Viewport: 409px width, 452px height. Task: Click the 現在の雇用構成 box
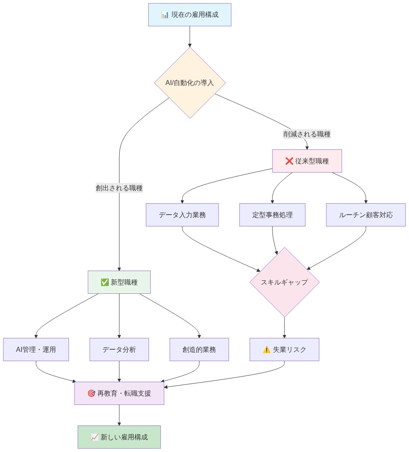click(x=190, y=15)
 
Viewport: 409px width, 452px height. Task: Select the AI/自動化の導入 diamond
click(x=190, y=82)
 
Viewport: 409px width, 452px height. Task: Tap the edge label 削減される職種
click(x=307, y=135)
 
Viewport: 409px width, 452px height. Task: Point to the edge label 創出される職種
click(x=119, y=189)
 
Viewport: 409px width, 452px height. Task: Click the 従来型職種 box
click(x=307, y=161)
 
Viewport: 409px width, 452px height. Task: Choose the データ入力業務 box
click(x=182, y=215)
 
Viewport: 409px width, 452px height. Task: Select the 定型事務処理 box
click(x=272, y=215)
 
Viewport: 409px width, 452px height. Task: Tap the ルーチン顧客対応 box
click(x=366, y=215)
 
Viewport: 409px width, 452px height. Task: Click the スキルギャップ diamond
click(x=284, y=282)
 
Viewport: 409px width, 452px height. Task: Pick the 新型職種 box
click(x=119, y=282)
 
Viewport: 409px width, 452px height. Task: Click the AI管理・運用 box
click(x=36, y=349)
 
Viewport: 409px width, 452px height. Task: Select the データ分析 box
click(x=119, y=349)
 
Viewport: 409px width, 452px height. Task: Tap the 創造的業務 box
click(x=199, y=349)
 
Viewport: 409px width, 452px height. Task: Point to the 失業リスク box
click(x=284, y=349)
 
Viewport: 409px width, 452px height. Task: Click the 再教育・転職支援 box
click(x=119, y=394)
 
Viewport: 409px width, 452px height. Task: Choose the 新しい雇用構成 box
click(x=119, y=437)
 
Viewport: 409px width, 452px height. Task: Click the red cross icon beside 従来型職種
click(x=289, y=161)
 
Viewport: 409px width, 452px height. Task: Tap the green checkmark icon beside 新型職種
click(x=105, y=282)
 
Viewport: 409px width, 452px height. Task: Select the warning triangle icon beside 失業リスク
click(x=266, y=349)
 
